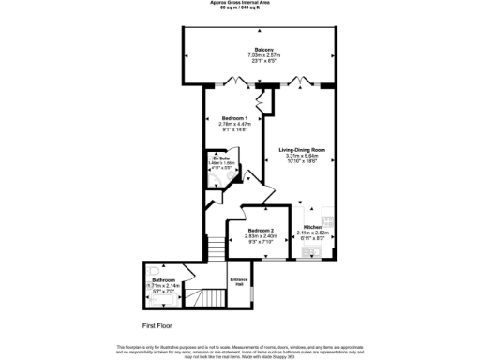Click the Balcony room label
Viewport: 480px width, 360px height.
[262, 49]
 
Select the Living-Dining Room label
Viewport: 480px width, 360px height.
[301, 149]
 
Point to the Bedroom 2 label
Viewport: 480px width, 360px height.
[262, 231]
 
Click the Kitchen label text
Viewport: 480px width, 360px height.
[310, 225]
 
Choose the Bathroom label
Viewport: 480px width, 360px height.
[164, 279]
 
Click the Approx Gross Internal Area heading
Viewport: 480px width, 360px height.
[239, 3]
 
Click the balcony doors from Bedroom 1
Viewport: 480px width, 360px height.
[234, 82]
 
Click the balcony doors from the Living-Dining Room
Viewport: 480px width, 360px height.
[297, 82]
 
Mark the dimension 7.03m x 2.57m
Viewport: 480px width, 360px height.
[262, 55]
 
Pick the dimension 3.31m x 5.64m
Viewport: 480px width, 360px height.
[301, 156]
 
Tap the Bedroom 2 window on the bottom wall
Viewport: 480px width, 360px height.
[262, 258]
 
